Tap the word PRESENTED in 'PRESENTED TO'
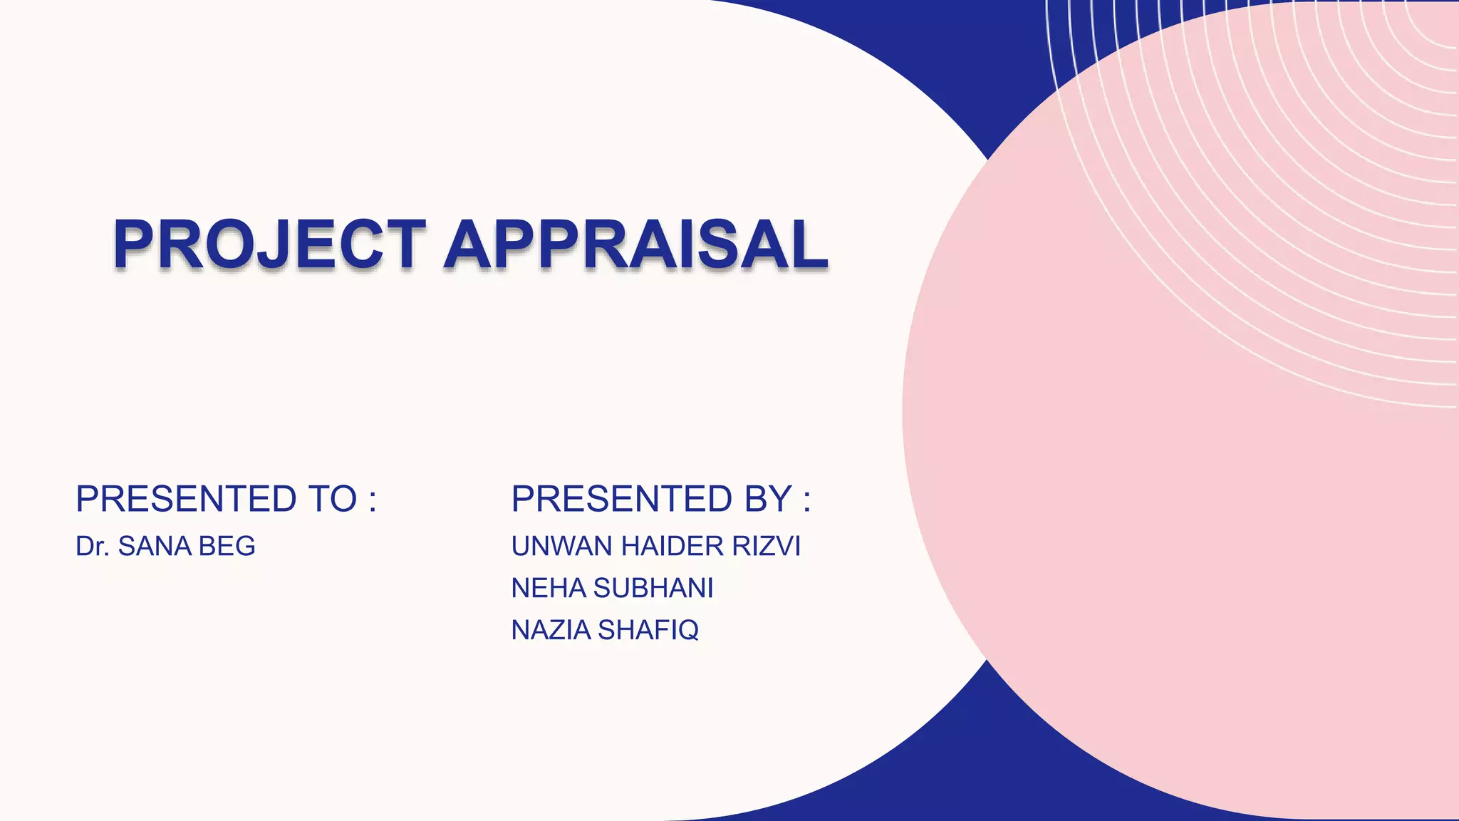pos(186,499)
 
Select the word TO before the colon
pos(332,499)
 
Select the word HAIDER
pos(666,547)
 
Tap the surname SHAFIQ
pos(648,631)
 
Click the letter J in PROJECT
pos(275,246)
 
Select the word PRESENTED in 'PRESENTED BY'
pos(622,499)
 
